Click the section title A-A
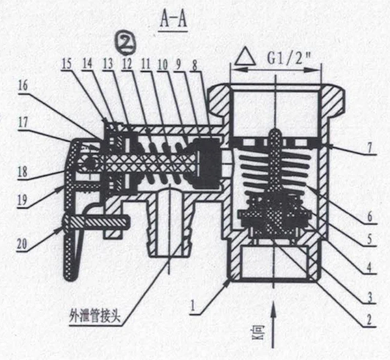(x=174, y=20)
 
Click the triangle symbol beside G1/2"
(x=246, y=56)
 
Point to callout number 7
(x=370, y=149)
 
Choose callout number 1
(x=192, y=306)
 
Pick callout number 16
(x=23, y=86)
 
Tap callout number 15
(x=66, y=64)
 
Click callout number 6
(x=370, y=217)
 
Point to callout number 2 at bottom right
(x=369, y=320)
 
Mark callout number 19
(x=22, y=199)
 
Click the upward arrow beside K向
(x=273, y=324)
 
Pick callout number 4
(x=370, y=268)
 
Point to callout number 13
(x=108, y=64)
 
